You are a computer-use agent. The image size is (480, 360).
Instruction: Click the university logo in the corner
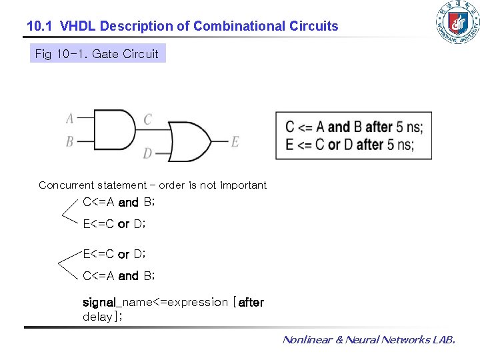[x=457, y=23]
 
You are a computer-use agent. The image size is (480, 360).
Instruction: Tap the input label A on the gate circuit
[x=70, y=119]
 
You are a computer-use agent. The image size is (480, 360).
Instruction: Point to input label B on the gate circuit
[x=70, y=141]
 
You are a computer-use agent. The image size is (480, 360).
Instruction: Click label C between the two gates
[x=147, y=119]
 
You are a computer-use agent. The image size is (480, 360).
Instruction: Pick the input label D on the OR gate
[x=147, y=153]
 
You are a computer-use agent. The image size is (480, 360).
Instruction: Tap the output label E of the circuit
[x=235, y=141]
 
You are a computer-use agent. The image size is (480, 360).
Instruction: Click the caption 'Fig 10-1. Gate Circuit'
[x=97, y=54]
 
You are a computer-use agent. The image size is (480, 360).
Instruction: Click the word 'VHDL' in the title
[x=76, y=27]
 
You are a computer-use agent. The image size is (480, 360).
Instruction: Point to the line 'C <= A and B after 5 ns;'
[x=353, y=127]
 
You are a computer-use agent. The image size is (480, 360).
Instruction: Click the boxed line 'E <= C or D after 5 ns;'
[x=349, y=145]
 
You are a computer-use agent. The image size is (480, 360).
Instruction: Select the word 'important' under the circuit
[x=243, y=185]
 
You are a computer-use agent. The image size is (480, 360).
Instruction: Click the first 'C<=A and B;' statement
[x=119, y=202]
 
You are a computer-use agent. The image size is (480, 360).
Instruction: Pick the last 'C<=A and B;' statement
[x=119, y=275]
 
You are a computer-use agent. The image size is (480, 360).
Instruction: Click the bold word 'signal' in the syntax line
[x=99, y=302]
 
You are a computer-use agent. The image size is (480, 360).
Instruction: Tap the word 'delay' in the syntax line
[x=97, y=317]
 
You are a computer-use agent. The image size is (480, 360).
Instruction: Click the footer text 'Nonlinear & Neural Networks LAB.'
[x=369, y=340]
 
